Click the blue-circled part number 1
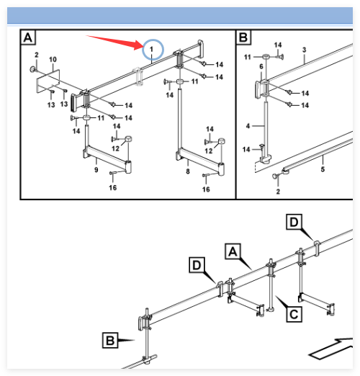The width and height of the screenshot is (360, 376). (x=151, y=50)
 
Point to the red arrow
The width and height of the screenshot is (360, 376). (x=114, y=42)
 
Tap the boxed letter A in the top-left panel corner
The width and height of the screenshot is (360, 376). (x=28, y=37)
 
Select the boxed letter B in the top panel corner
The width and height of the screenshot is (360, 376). (x=243, y=37)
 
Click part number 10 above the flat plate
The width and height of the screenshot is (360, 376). (x=53, y=59)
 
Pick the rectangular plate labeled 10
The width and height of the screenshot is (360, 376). (x=48, y=81)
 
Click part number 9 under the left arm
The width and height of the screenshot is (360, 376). (x=96, y=170)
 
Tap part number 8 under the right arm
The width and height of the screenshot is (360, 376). (x=188, y=171)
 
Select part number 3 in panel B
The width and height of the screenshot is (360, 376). (x=305, y=50)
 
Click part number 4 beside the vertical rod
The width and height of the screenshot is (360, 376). (x=248, y=126)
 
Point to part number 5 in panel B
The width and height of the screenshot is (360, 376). (x=323, y=169)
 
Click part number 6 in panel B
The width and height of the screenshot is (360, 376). (x=261, y=66)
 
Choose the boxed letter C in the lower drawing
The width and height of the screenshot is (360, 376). (x=294, y=314)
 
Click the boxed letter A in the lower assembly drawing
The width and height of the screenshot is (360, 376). (x=233, y=251)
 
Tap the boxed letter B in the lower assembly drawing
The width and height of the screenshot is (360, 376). (x=110, y=340)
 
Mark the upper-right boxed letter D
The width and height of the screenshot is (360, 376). (x=294, y=222)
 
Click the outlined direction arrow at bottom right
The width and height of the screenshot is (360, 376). (x=330, y=349)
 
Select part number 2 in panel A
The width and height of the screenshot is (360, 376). (x=37, y=55)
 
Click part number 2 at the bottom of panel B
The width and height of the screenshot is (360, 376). (x=278, y=192)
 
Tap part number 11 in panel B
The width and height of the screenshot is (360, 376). (x=248, y=57)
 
